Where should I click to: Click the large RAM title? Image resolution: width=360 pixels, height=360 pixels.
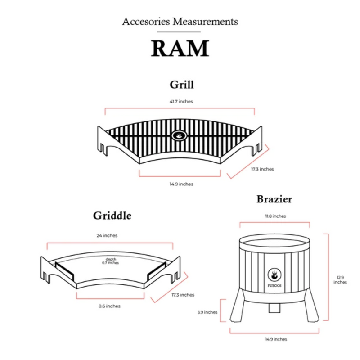(x=180, y=49)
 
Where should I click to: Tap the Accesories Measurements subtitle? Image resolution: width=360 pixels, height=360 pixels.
(x=180, y=21)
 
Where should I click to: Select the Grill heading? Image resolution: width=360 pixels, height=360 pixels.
(x=181, y=84)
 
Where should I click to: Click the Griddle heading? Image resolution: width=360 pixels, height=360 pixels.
(x=112, y=216)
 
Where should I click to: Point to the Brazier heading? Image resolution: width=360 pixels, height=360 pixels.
(x=274, y=199)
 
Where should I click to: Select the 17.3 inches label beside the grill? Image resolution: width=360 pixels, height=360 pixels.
(x=262, y=169)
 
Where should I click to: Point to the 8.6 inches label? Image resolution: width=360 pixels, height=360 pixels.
(x=109, y=306)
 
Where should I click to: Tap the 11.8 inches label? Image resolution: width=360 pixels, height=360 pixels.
(x=274, y=216)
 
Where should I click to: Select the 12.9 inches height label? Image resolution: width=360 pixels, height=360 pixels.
(x=340, y=280)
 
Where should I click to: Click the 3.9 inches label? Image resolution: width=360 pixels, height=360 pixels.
(x=207, y=312)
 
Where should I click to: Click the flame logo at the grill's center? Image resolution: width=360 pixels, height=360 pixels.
(x=179, y=135)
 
